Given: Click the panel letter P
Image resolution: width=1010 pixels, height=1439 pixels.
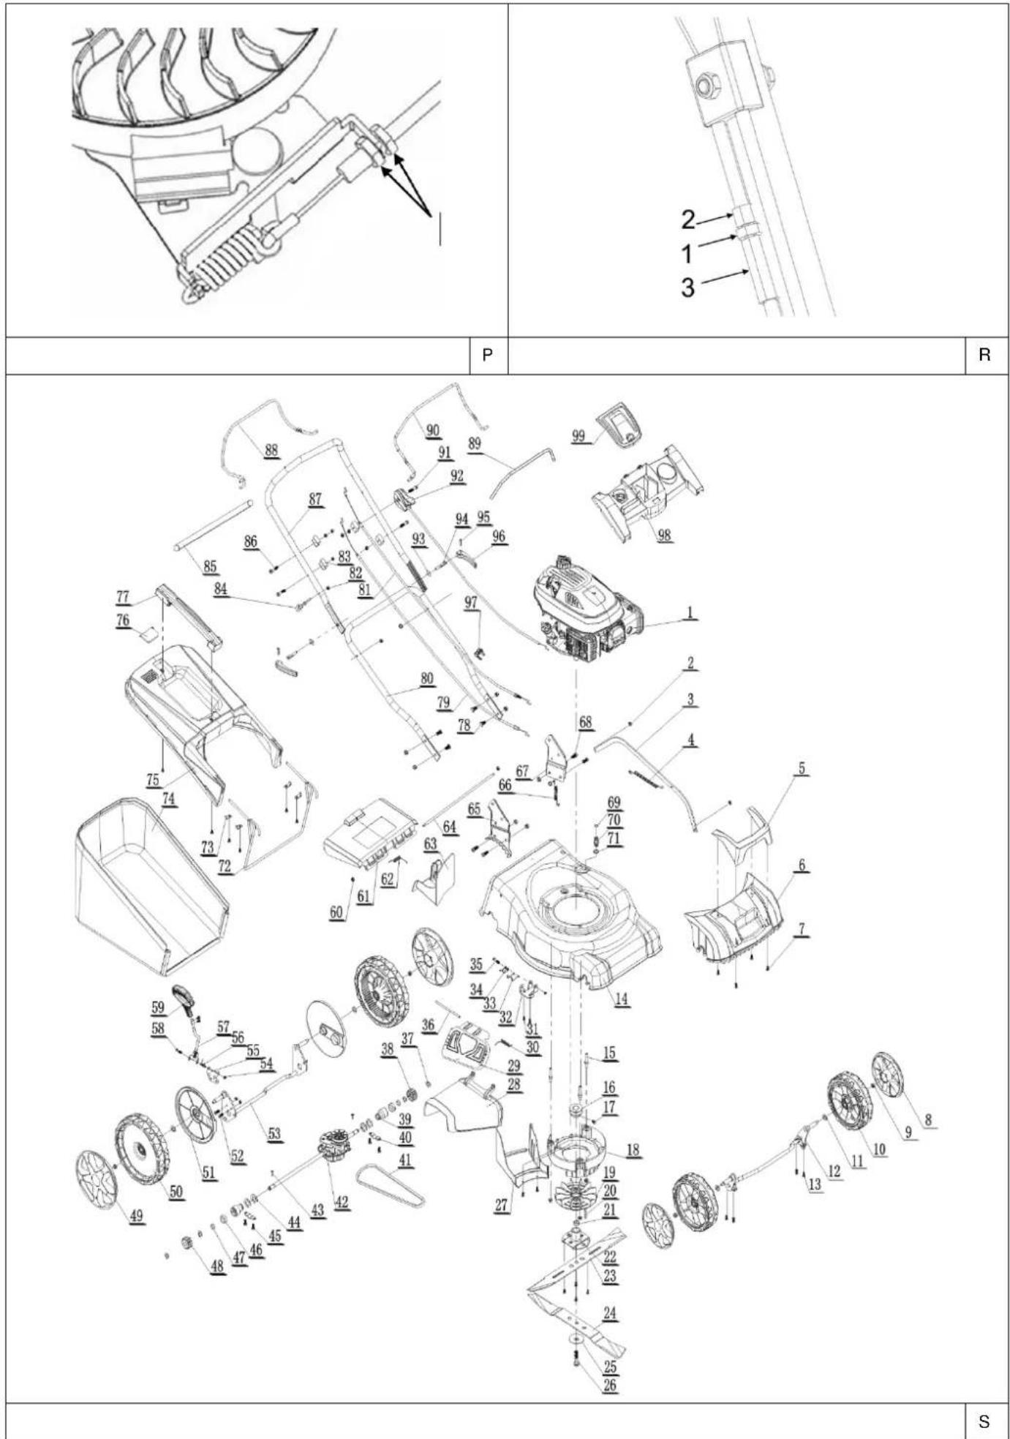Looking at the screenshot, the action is click(487, 355).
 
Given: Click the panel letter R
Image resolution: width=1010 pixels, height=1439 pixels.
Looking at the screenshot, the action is click(984, 355).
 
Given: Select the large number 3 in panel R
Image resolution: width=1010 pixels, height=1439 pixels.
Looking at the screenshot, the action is click(687, 288).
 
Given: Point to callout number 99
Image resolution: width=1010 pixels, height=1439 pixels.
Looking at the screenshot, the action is click(579, 437).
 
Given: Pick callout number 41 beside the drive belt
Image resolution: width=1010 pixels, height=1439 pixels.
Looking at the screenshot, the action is click(405, 1160).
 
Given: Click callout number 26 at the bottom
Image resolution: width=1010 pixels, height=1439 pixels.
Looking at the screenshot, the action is click(609, 1385).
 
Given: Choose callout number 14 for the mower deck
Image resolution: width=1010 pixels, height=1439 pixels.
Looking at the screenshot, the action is click(621, 999).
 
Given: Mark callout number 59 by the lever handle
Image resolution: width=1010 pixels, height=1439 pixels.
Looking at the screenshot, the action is click(158, 1007).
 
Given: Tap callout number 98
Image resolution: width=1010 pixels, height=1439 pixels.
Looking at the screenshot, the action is click(663, 535).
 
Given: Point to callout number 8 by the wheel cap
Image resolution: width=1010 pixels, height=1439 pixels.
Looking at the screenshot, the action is click(928, 1120).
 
